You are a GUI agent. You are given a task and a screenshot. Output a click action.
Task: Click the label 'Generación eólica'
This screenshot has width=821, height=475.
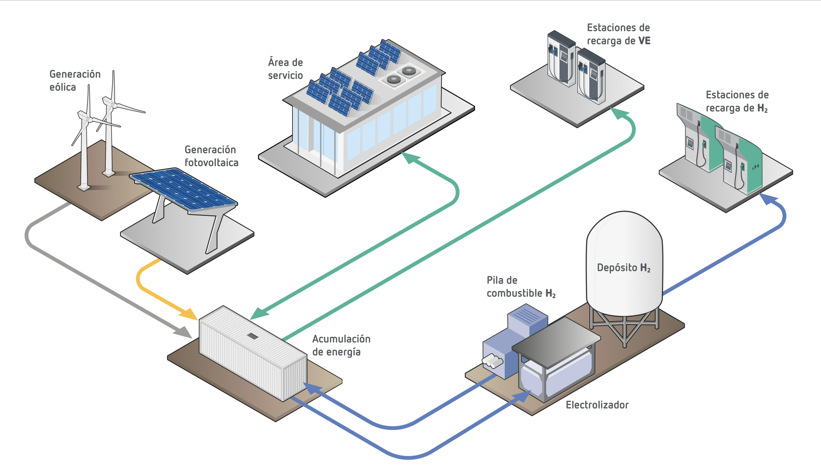75,81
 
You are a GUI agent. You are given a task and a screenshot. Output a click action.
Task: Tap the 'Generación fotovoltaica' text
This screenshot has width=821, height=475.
211,156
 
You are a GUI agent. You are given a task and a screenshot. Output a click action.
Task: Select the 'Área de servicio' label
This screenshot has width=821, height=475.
285,69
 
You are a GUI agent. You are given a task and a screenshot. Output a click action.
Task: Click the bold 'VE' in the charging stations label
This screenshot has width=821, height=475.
644,41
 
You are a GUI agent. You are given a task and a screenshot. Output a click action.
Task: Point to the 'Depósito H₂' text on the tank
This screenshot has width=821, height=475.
623,268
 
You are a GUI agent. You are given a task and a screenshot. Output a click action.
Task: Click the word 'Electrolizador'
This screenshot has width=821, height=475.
597,405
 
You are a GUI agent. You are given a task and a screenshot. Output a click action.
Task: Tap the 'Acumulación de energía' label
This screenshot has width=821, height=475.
341,345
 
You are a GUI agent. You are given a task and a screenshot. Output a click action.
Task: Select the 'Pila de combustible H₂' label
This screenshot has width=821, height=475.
521,287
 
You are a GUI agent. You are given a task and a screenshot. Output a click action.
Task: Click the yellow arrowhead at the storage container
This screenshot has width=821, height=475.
190,314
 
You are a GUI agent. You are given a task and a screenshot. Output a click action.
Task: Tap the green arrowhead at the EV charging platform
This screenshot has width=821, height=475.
618,113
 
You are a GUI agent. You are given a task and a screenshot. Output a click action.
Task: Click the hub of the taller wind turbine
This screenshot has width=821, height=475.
115,106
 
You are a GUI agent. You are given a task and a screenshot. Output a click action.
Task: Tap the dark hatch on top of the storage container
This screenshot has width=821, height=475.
252,336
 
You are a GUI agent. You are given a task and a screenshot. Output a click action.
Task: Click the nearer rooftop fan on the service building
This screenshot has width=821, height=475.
393,79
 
